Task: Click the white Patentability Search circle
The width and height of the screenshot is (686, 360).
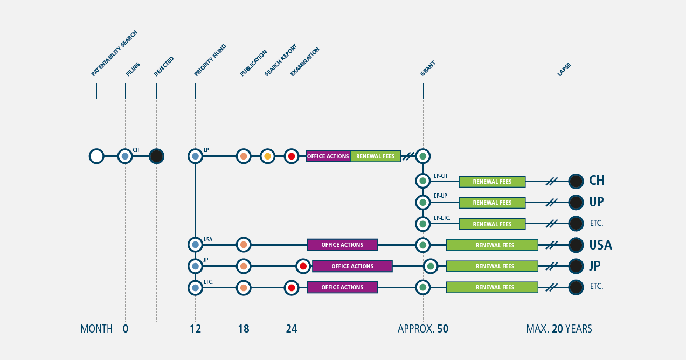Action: [x=96, y=156]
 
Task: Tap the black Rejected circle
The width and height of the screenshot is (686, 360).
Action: [x=156, y=156]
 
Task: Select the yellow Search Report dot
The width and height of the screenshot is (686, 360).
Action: [x=267, y=156]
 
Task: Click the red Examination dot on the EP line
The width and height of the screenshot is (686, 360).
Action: [x=292, y=156]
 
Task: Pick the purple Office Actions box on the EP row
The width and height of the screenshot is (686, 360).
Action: [x=328, y=156]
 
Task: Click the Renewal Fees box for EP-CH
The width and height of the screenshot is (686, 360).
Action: [x=492, y=182]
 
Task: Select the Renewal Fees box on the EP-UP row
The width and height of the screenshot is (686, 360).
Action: [x=492, y=203]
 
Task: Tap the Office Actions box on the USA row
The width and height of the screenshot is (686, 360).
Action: [x=342, y=245]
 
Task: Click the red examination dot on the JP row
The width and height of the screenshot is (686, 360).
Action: [x=303, y=266]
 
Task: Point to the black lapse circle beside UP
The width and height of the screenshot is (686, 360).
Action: [x=576, y=203]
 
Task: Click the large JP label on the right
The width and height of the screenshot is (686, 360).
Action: [x=595, y=266]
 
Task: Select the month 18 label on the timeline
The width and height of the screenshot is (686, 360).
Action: [x=244, y=329]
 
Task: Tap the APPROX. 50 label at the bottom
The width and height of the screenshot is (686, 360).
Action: [x=423, y=329]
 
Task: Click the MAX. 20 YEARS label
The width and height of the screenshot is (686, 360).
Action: [x=559, y=329]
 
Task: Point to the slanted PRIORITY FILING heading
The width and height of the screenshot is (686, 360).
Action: [x=210, y=60]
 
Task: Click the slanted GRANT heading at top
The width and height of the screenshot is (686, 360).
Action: [x=427, y=68]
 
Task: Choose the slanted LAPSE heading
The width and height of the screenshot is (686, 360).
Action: [x=564, y=70]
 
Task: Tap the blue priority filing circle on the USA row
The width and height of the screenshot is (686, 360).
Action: [x=196, y=245]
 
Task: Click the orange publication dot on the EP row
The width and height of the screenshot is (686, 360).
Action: [x=244, y=156]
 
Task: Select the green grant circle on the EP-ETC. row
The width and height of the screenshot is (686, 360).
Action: [x=423, y=224]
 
